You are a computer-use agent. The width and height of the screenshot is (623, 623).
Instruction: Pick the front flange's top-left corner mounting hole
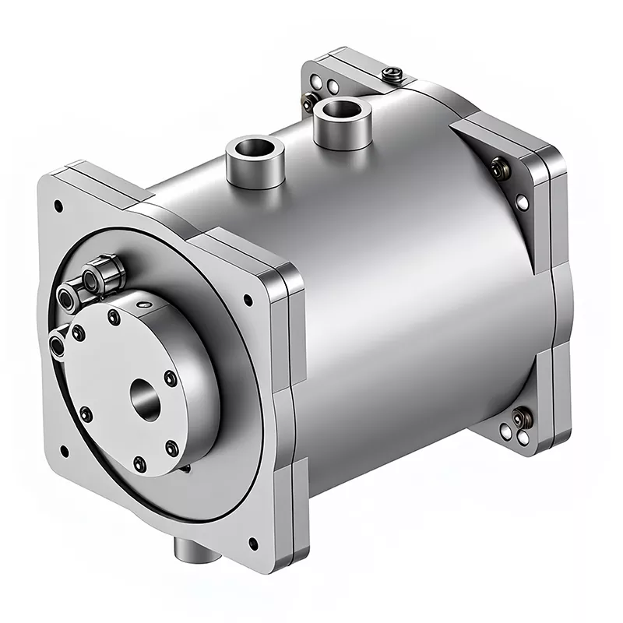58,206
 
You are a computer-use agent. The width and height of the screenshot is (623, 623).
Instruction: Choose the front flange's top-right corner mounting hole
248,299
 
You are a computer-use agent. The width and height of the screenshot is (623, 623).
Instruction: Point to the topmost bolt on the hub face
114,316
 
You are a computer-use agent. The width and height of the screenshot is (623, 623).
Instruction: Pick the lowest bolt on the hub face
139,465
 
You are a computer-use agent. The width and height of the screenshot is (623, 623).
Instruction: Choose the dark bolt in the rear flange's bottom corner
519,419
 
